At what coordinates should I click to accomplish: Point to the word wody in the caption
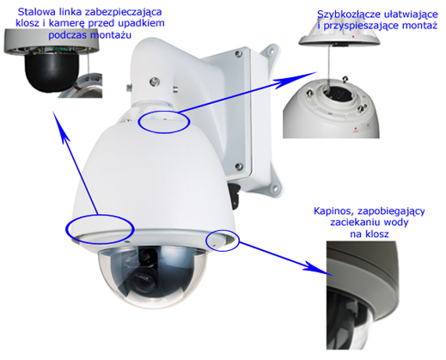coord(396,223)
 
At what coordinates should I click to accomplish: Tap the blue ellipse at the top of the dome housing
coord(164,121)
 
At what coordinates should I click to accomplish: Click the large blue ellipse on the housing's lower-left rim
coord(100,229)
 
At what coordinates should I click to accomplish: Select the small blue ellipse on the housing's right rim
coord(223,240)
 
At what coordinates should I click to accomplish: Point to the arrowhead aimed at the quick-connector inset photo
coord(298,79)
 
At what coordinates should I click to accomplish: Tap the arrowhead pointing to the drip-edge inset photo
coord(316,267)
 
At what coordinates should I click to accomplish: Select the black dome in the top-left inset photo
coord(52,71)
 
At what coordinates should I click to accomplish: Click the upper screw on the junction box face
coord(238,53)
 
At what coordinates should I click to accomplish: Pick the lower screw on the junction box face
coord(238,166)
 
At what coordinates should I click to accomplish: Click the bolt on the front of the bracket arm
coord(155,82)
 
